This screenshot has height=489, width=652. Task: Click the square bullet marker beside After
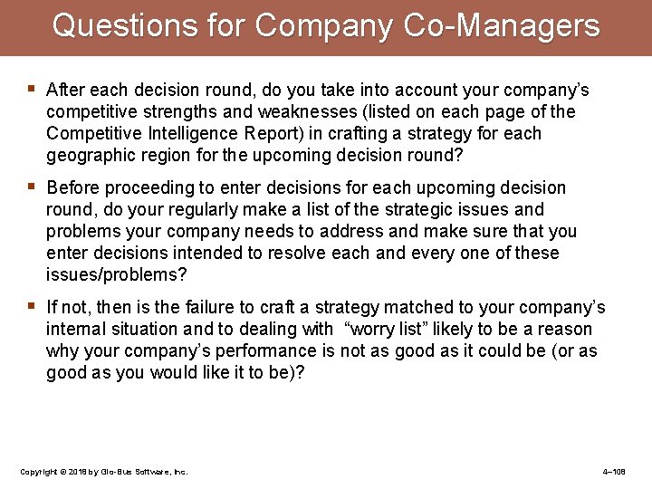tap(33, 89)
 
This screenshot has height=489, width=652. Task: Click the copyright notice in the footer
tap(103, 472)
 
